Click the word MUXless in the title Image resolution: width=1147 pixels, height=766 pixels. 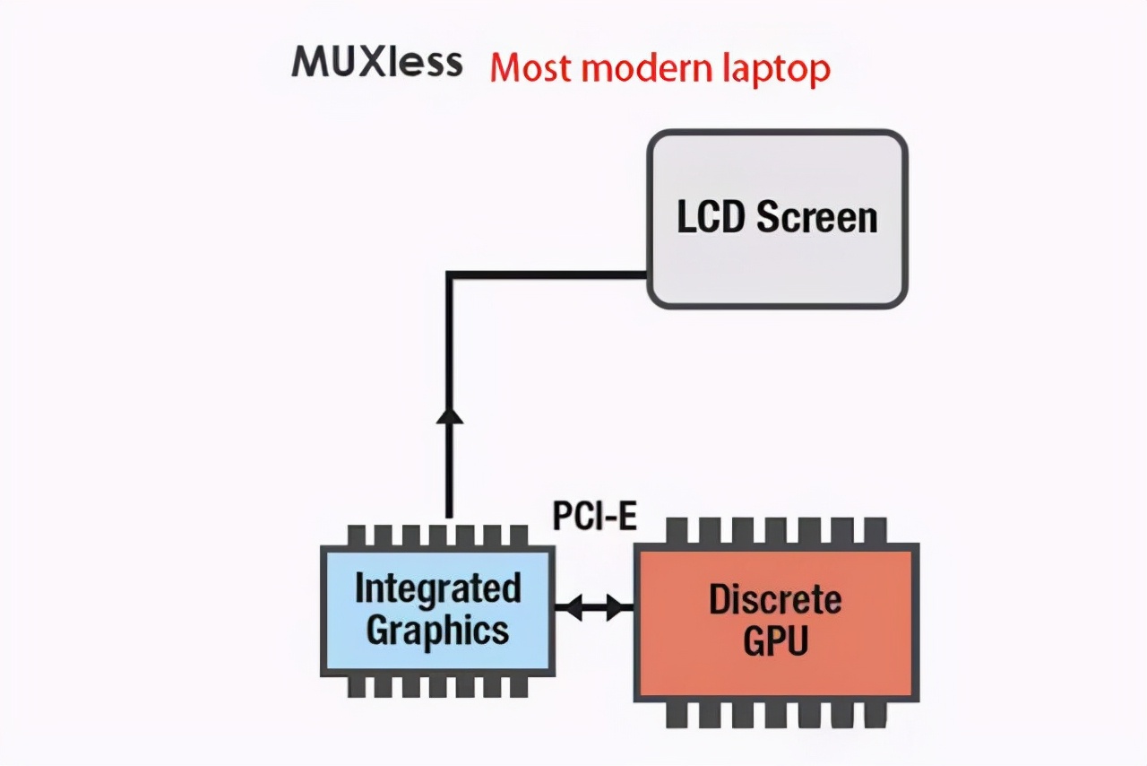pyautogui.click(x=377, y=63)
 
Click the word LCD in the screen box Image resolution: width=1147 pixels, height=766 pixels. pyautogui.click(x=711, y=218)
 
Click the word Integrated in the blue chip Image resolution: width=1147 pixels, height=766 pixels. pyautogui.click(x=437, y=589)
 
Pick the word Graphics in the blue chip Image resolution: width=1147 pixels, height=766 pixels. pyautogui.click(x=437, y=629)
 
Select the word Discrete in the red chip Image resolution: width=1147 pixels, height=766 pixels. pyautogui.click(x=775, y=600)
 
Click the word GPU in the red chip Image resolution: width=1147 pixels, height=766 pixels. pyautogui.click(x=775, y=640)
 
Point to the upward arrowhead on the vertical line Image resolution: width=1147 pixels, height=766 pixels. pyautogui.click(x=448, y=413)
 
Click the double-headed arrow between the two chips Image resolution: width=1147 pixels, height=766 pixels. pyautogui.click(x=594, y=608)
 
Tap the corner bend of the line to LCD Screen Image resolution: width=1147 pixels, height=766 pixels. pyautogui.click(x=449, y=275)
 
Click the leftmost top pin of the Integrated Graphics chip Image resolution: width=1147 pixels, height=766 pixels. pyautogui.click(x=356, y=535)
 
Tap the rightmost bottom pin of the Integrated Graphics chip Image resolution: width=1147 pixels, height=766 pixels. pyautogui.click(x=518, y=686)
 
